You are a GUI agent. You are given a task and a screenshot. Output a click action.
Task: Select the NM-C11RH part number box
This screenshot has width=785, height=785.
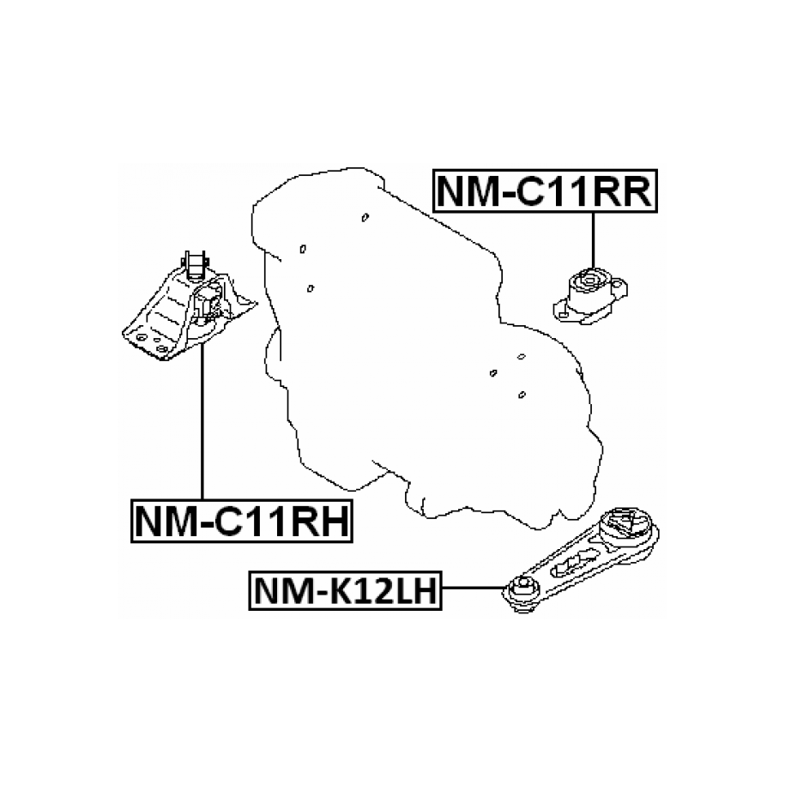(241, 521)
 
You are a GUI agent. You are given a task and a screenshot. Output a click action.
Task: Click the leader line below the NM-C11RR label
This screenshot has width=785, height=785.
(592, 239)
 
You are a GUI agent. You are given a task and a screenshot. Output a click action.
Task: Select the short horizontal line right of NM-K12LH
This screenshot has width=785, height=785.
(472, 589)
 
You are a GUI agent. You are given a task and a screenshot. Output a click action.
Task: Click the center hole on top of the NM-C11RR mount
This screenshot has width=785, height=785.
(589, 278)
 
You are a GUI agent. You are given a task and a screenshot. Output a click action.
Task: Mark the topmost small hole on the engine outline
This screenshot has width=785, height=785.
(364, 216)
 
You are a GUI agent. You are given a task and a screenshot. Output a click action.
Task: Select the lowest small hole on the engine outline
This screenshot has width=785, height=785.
(522, 395)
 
